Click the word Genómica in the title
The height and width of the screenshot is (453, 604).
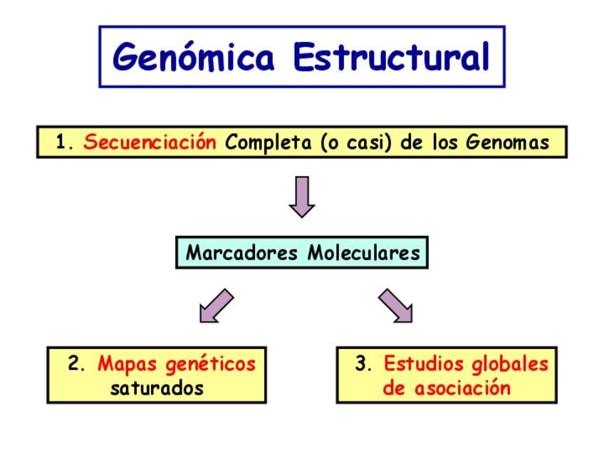194,57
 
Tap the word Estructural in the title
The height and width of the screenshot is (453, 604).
392,57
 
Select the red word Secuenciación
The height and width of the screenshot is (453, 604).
150,141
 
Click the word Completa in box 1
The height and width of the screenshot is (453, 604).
269,142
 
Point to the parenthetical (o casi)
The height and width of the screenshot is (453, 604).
356,142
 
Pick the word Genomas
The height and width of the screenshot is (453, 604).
508,142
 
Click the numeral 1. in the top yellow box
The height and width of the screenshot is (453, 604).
64,142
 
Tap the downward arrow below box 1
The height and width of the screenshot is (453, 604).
302,197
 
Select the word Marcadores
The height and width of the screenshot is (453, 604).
241,253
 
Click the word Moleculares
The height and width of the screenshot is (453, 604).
364,253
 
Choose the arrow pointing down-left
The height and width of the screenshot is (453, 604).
217,306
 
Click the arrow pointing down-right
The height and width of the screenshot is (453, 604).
395,306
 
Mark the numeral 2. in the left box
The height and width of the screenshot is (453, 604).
76,363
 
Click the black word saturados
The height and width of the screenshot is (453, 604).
157,388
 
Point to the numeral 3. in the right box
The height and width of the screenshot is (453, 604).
364,363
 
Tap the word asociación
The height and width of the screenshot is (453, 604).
463,388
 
